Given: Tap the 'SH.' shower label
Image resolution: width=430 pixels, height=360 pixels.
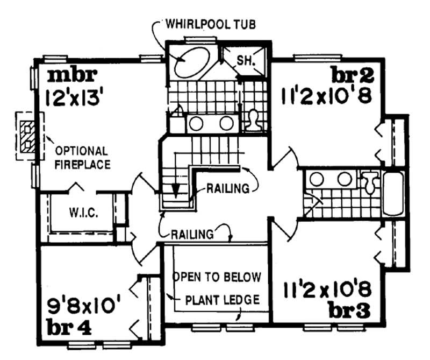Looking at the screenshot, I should point(244,61).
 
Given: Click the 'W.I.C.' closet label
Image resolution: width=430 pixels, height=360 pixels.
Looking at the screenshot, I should point(82,213).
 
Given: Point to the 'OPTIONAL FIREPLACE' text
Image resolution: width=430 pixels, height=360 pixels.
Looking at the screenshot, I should point(82,157).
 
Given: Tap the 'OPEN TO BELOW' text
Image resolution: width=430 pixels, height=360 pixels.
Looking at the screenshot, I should point(217,277).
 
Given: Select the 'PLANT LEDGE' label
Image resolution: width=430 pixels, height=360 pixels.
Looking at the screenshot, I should point(222,300).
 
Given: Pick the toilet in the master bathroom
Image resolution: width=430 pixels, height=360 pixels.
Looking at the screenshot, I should point(252,121).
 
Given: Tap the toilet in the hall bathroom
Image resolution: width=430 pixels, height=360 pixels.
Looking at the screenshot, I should point(370,182).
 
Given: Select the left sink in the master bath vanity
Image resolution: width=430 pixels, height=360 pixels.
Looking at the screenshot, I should point(196,123).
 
